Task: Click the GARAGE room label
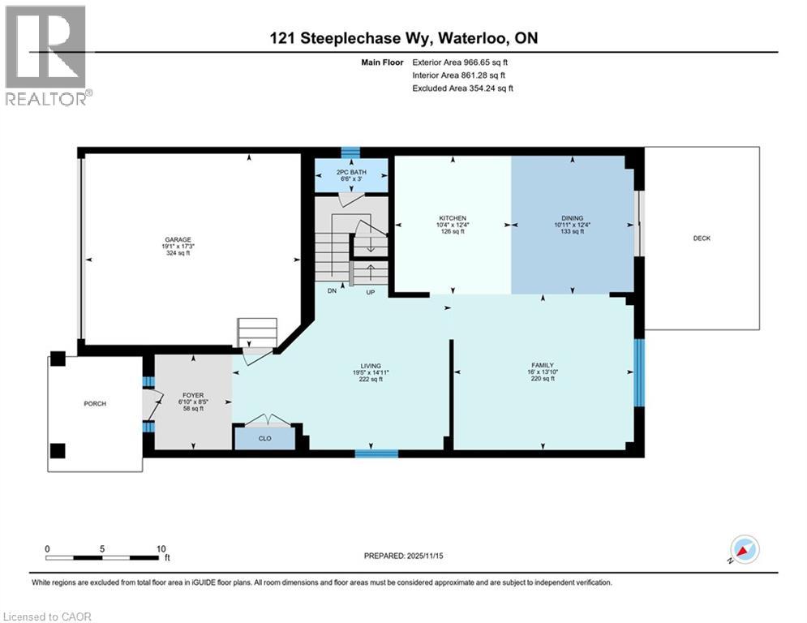coord(178,240)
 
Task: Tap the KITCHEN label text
coord(452,219)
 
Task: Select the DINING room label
coord(572,218)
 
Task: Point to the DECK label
coord(702,238)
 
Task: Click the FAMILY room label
coord(542,365)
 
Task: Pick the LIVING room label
coord(371,366)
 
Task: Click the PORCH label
coord(95,403)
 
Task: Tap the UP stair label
coord(370,292)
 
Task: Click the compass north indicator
coord(744,549)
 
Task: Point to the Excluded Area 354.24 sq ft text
coord(463,88)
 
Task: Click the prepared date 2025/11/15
coord(403,556)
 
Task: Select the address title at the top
coord(403,38)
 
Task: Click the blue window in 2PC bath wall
coord(350,152)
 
